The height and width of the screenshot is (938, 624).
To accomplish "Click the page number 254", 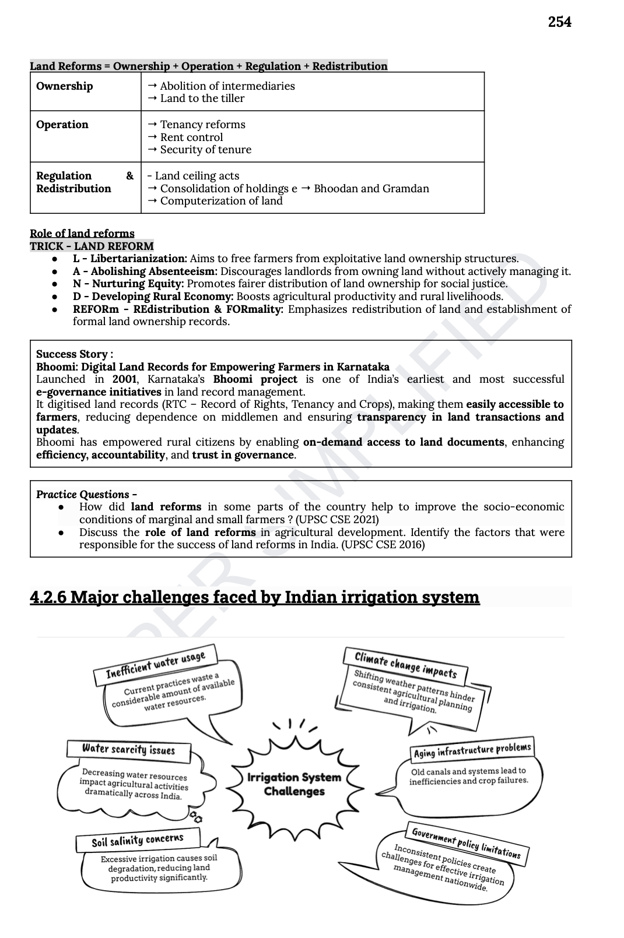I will pos(559,22).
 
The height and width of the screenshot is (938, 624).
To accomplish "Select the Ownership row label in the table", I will pos(64,86).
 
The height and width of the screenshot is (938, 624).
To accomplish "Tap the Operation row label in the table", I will pos(62,125).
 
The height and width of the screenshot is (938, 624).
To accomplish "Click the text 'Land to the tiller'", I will pos(202,98).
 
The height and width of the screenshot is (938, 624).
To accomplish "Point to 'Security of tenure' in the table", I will pos(205,150).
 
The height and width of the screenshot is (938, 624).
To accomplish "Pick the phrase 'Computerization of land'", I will pos(221,201).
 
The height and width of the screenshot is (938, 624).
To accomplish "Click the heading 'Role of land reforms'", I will pos(82,234).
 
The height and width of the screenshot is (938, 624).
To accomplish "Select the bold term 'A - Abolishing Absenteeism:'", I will pos(145,271).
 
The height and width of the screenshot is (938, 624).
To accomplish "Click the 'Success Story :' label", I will pos(75,354).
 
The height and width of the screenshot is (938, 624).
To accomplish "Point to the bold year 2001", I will pos(124,379).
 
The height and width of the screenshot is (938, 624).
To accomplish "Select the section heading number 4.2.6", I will pos(48,597).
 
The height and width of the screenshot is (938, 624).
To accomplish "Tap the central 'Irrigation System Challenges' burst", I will pos(294,784).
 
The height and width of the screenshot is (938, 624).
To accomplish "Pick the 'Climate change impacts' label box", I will pos(406,666).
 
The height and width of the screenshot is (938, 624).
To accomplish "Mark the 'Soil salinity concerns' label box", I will pos(138,841).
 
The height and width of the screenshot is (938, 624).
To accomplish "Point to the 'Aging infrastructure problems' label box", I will pos(472,750).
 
